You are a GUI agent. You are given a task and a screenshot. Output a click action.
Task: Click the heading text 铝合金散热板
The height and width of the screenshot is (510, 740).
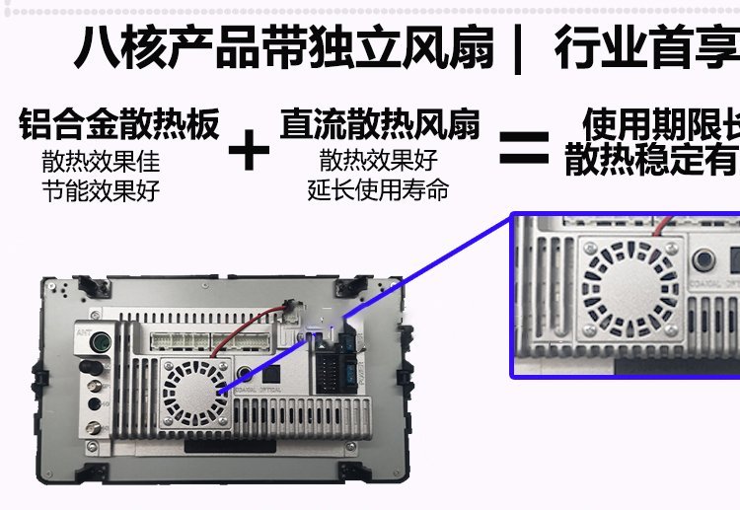pyautogui.click(x=118, y=125)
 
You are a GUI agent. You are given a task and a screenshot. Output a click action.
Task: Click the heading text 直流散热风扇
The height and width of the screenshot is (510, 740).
pyautogui.click(x=380, y=125)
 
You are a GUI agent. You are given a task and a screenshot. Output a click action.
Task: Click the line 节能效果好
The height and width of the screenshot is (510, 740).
pyautogui.click(x=101, y=190)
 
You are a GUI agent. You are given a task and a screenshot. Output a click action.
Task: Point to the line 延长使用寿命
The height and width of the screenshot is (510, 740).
pyautogui.click(x=379, y=188)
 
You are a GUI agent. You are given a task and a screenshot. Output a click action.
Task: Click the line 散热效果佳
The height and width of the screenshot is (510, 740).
pyautogui.click(x=101, y=161)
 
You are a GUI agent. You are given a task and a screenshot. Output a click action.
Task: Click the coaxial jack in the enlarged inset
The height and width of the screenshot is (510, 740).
pyautogui.click(x=704, y=261)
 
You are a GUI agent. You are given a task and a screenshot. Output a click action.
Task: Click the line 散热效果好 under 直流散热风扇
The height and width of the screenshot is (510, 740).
pyautogui.click(x=379, y=160)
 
